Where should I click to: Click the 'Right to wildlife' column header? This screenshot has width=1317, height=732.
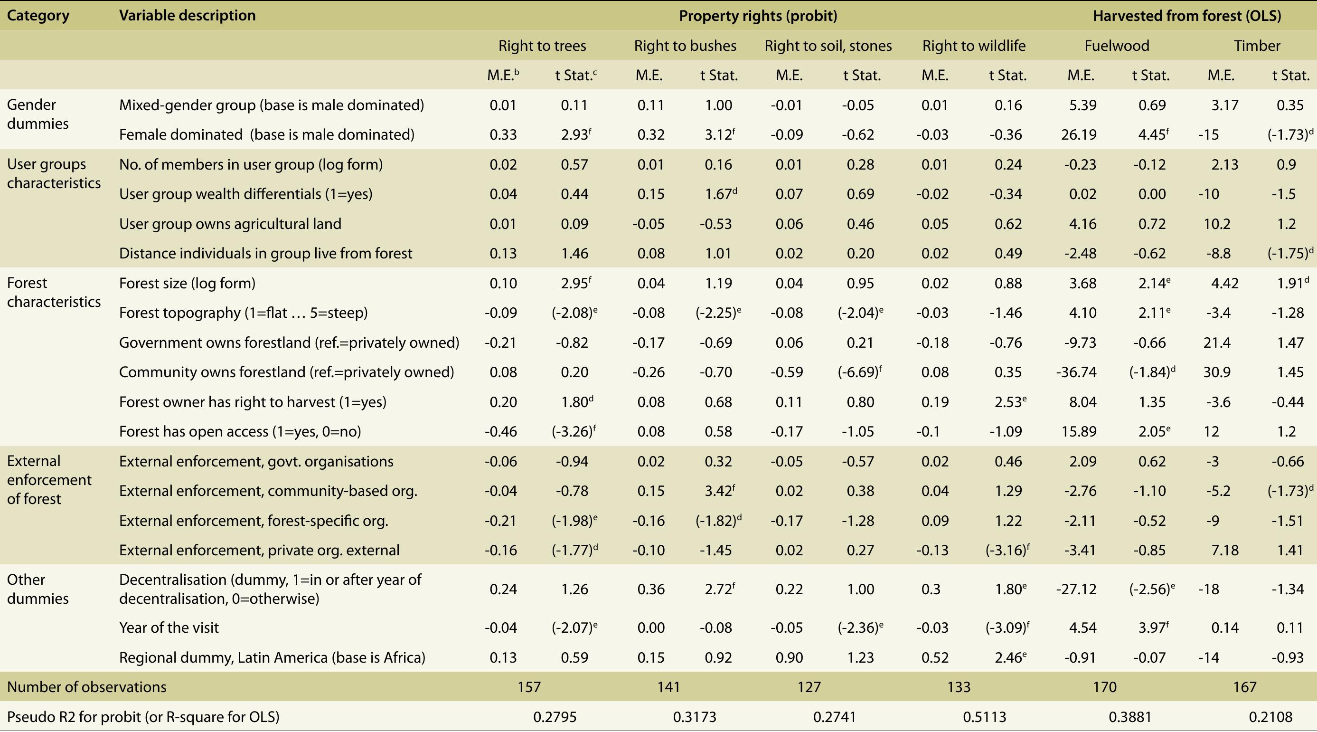973,46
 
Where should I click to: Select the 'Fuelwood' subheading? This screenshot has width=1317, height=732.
1117,46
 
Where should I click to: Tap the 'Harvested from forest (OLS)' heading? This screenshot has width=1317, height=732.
1186,16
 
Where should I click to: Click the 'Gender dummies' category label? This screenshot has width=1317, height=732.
31,114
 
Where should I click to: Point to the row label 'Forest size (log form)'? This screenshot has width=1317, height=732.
187,283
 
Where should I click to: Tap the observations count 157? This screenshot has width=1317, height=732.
528,686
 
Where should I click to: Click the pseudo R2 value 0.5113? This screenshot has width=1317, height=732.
984,717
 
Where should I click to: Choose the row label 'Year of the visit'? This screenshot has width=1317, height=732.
169,627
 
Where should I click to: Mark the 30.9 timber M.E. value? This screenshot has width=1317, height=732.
1217,372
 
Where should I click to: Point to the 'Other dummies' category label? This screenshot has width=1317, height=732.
38,589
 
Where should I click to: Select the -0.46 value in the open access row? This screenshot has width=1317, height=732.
500,431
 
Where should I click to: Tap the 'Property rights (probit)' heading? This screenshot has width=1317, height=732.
758,16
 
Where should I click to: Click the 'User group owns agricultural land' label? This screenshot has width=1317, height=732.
230,224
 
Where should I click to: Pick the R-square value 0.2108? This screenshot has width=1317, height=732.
1270,717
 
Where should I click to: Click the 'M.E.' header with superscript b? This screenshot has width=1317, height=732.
503,75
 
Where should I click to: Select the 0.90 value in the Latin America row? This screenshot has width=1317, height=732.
789,657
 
